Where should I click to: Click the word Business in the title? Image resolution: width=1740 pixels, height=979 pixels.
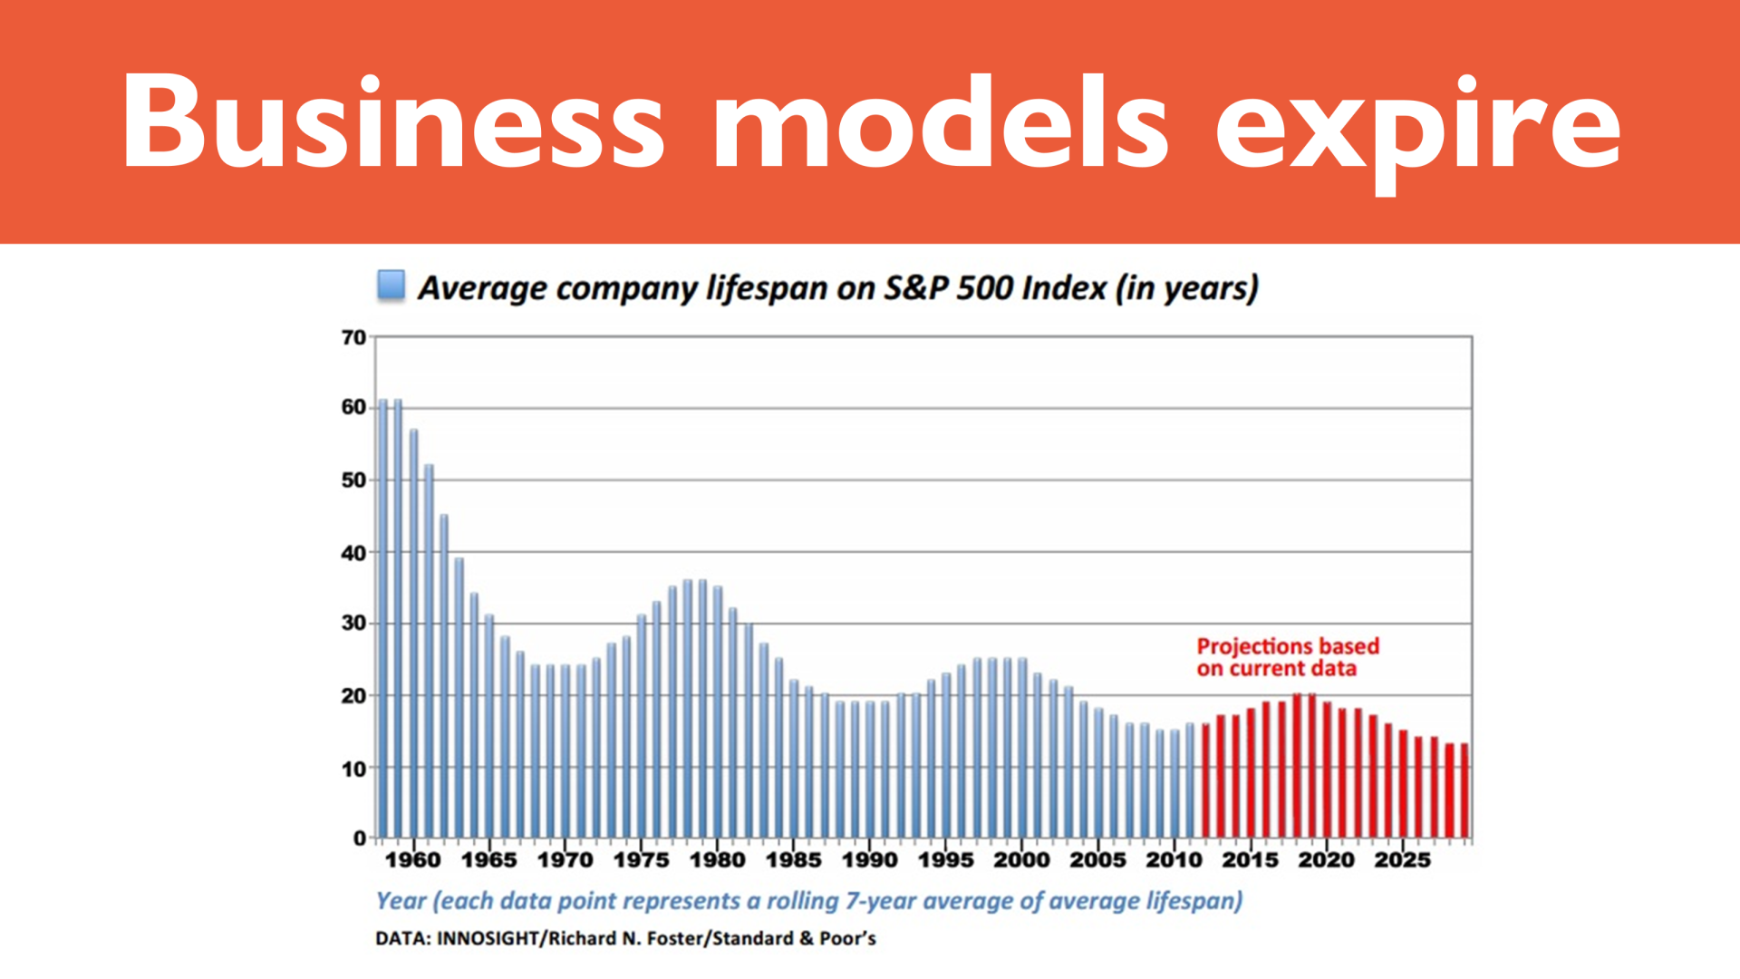click(x=394, y=122)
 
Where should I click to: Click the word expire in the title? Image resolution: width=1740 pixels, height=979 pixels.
click(x=1417, y=127)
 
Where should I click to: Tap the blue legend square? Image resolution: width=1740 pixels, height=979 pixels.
click(x=391, y=285)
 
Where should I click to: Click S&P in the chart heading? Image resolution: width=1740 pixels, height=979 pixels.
click(x=915, y=288)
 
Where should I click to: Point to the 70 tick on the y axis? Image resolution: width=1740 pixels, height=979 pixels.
click(x=353, y=337)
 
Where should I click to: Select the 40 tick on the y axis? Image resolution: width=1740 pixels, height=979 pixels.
click(x=353, y=552)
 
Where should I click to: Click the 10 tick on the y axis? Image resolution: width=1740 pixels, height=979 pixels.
click(x=353, y=769)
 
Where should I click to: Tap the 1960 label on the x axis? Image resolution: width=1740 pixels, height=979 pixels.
click(x=413, y=859)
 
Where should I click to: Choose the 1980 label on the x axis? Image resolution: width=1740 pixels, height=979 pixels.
click(x=717, y=859)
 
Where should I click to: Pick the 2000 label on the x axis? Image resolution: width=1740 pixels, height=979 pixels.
click(x=1021, y=859)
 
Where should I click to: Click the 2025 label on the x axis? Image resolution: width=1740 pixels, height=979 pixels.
click(x=1402, y=859)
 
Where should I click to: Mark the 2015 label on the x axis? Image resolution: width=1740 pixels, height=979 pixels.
click(x=1250, y=859)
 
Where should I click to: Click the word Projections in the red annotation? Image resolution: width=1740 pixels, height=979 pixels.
click(x=1254, y=646)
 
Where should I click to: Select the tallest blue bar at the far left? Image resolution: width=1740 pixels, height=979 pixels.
click(x=382, y=616)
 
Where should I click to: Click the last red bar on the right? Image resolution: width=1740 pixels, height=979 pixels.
click(x=1464, y=790)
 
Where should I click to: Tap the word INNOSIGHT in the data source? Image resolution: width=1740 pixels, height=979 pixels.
click(x=488, y=938)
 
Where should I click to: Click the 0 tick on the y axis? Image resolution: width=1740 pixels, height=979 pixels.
click(x=360, y=838)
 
